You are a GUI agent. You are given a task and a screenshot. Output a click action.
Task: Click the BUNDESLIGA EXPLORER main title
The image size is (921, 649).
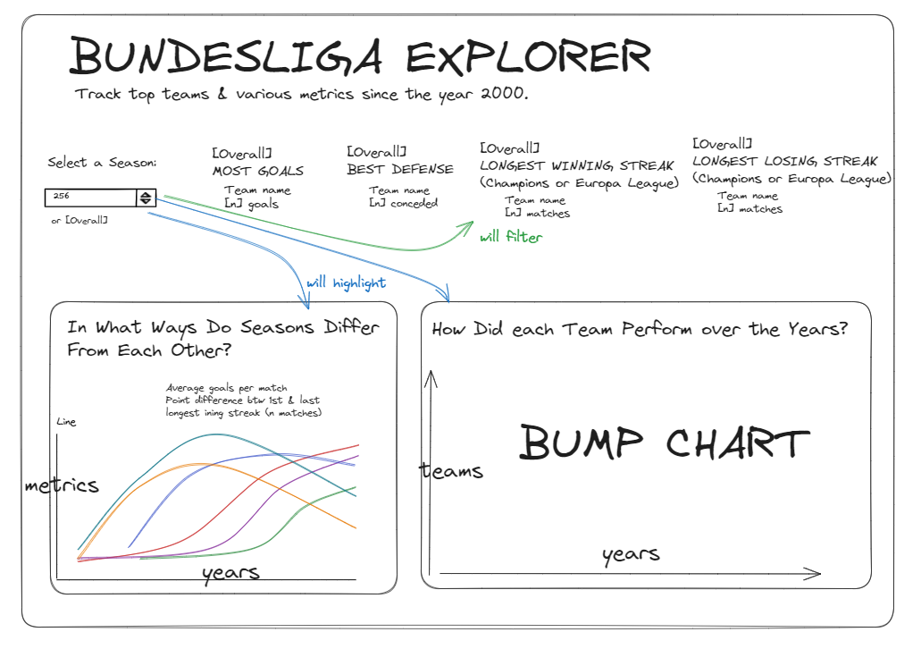click(360, 56)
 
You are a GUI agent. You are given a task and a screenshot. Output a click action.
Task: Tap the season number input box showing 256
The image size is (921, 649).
click(89, 198)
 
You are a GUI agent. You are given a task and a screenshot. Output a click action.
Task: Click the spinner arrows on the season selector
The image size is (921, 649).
click(146, 198)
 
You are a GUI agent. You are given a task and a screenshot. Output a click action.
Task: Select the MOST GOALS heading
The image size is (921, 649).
click(258, 170)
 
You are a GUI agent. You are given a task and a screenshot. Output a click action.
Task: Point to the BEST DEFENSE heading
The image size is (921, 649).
click(400, 169)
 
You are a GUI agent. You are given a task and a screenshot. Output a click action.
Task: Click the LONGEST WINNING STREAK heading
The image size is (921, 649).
click(576, 165)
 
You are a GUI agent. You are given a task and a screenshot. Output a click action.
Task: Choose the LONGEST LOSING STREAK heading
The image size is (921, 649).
click(785, 162)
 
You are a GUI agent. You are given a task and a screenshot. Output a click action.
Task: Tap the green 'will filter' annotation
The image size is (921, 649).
click(511, 238)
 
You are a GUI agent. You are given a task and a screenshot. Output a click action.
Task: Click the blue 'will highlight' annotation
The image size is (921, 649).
click(347, 283)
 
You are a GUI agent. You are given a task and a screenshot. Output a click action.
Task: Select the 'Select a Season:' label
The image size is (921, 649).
click(102, 163)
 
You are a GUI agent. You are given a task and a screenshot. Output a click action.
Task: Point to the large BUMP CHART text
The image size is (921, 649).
click(664, 443)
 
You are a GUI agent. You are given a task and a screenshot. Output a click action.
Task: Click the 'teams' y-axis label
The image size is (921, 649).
click(452, 471)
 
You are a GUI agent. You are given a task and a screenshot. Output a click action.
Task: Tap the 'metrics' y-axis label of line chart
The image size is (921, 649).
click(62, 485)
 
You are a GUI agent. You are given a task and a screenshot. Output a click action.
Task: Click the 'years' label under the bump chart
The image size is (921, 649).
click(631, 554)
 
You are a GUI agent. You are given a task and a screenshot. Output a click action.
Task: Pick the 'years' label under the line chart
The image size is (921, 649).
click(230, 572)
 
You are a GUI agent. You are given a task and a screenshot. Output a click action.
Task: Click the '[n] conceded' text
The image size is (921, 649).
click(404, 203)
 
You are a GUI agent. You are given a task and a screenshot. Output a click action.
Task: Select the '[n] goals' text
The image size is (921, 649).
click(252, 204)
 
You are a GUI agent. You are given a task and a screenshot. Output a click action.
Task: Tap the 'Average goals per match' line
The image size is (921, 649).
click(227, 388)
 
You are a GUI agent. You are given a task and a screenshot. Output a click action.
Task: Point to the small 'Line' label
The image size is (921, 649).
click(67, 422)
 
